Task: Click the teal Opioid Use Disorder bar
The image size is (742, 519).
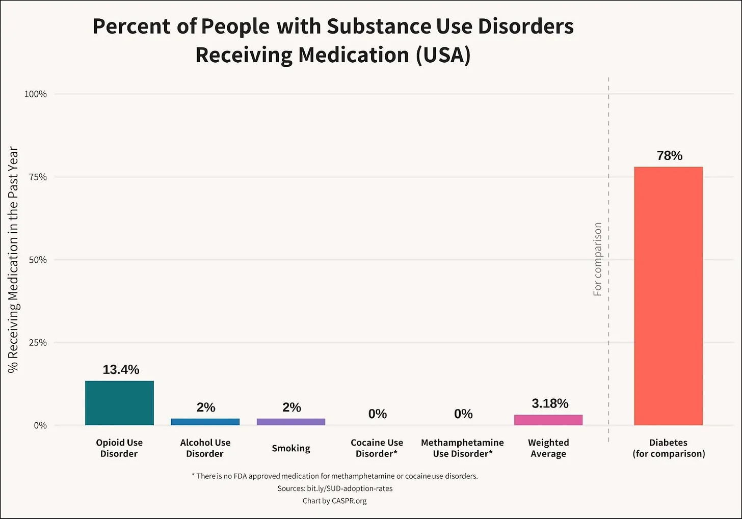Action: click(x=119, y=403)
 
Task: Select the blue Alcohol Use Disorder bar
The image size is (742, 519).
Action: click(x=205, y=422)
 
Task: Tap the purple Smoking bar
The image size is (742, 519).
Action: click(x=290, y=422)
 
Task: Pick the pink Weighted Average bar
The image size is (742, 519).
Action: click(x=548, y=420)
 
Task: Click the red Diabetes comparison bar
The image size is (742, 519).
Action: click(x=668, y=295)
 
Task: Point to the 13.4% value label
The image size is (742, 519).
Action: click(x=121, y=370)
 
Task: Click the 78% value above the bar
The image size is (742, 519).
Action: click(x=669, y=156)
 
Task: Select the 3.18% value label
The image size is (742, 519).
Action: click(x=550, y=403)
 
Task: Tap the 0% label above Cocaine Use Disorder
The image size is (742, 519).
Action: click(x=377, y=414)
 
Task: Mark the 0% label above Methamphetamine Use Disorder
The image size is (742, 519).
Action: click(x=463, y=414)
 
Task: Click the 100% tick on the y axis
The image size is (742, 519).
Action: click(x=36, y=94)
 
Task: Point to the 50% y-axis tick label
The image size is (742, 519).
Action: click(x=38, y=260)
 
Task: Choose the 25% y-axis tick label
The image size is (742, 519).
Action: click(x=38, y=343)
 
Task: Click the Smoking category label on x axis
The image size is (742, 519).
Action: click(x=290, y=448)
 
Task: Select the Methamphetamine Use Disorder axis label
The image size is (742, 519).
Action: click(x=462, y=448)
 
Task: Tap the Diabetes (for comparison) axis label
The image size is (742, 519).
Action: click(x=669, y=448)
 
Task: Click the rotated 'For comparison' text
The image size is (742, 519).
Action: click(x=597, y=259)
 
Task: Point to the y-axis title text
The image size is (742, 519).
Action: click(x=13, y=260)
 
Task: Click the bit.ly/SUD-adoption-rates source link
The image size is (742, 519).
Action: click(x=350, y=488)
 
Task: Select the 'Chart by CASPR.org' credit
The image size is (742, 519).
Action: click(x=334, y=501)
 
